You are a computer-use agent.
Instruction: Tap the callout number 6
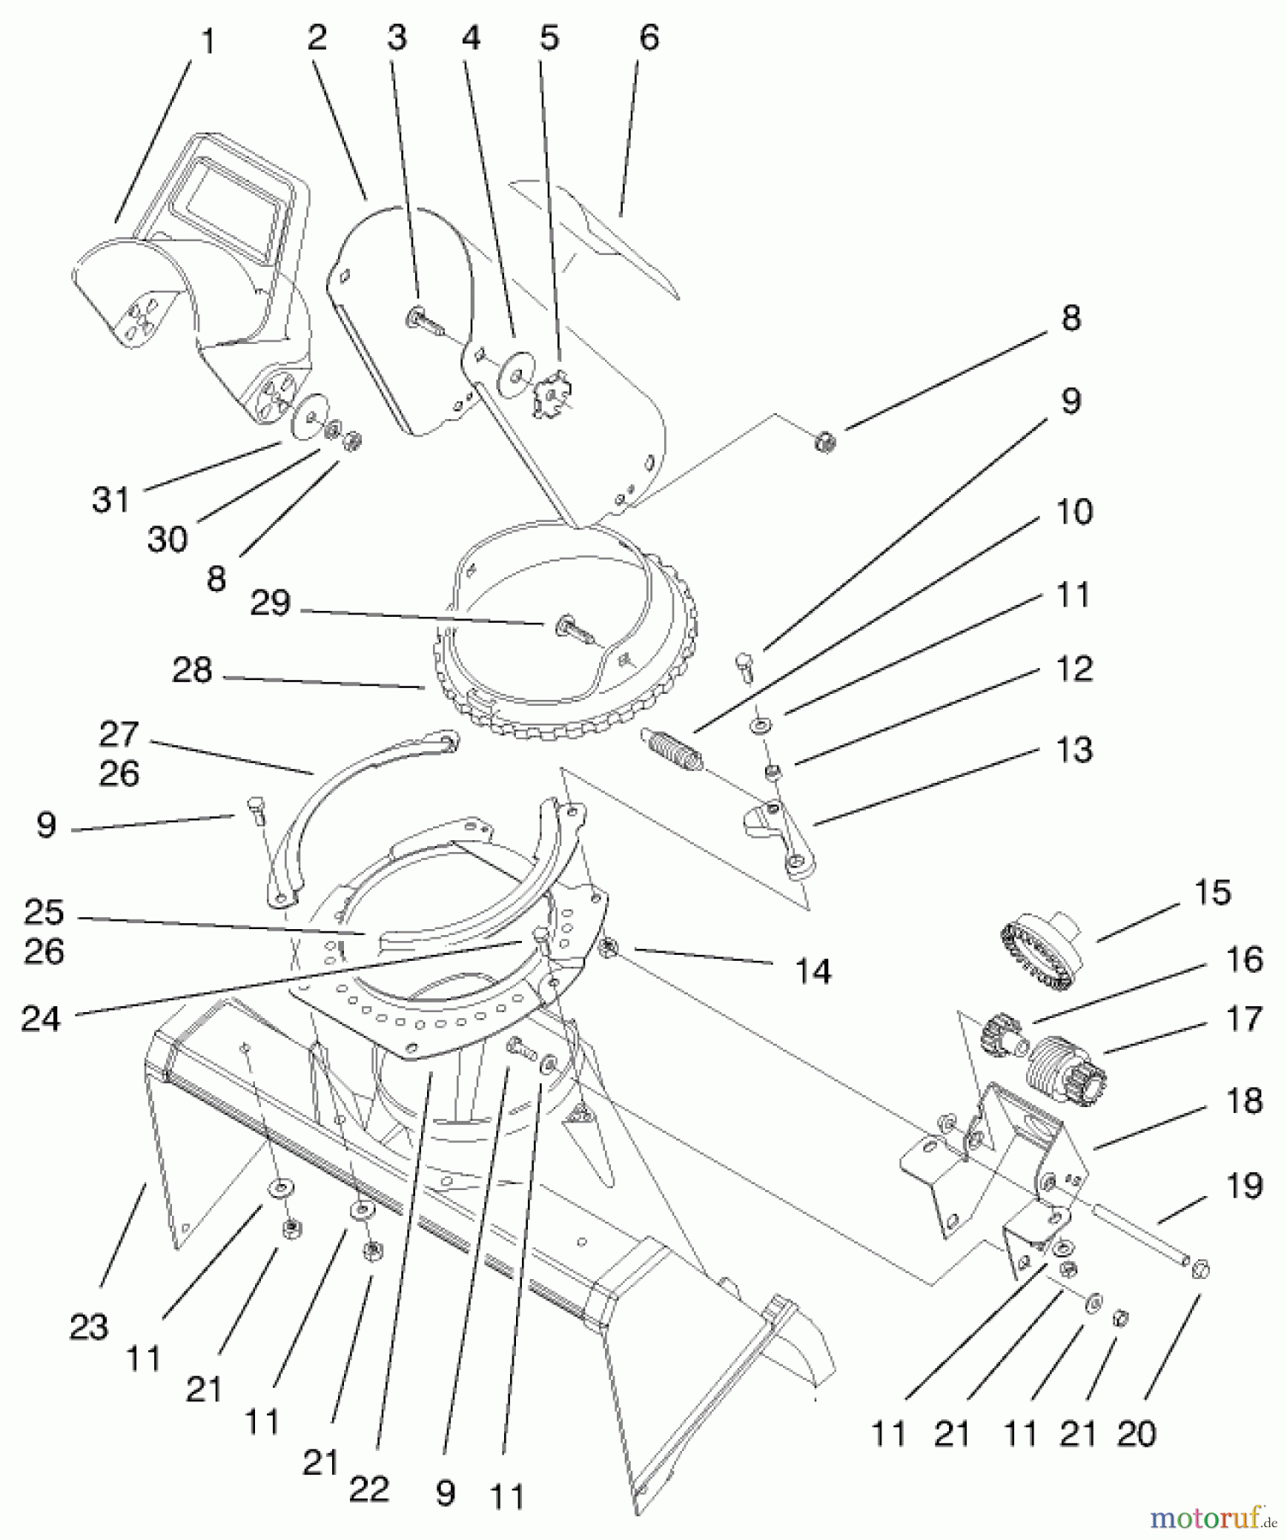point(649,38)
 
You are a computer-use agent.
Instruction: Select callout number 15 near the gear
point(1212,892)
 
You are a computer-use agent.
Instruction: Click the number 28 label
point(192,670)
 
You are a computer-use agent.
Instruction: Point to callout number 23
point(89,1327)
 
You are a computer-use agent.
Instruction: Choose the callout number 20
point(1136,1432)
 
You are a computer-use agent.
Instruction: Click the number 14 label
point(813,971)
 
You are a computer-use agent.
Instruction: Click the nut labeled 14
point(609,948)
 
